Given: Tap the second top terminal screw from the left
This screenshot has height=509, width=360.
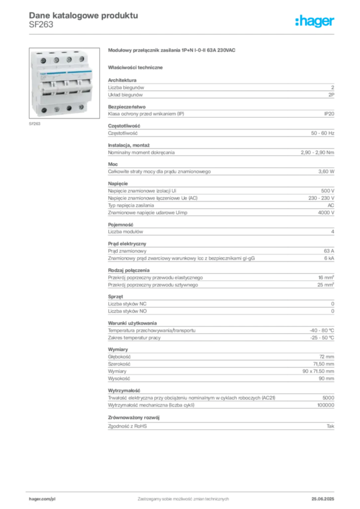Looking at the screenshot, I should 56,60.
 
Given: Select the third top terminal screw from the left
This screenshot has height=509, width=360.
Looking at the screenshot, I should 69,60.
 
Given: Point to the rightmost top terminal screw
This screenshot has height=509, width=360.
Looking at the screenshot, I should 81,60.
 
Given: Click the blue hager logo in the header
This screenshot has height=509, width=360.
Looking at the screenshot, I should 315,21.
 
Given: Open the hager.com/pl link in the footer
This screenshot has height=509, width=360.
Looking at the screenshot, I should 42,497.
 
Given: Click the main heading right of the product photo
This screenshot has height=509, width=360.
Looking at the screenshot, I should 173,51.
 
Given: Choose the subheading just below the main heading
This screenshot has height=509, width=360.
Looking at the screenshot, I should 137,67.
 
